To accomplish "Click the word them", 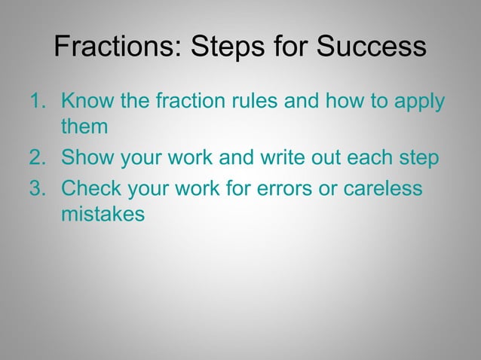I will pos(84,127).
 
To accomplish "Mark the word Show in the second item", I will pos(87,159).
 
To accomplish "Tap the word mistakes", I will pos(103,215).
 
